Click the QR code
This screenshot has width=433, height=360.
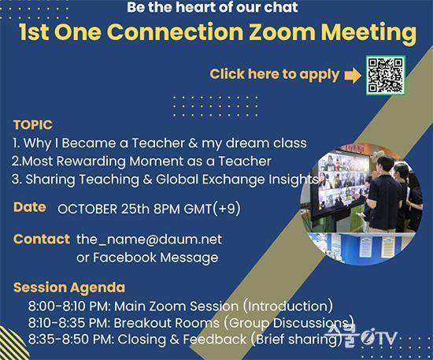[x=386, y=75]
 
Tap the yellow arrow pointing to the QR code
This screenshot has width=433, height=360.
[x=353, y=75]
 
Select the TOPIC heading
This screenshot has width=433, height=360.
[x=32, y=125]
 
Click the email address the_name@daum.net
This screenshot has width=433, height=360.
[x=149, y=239]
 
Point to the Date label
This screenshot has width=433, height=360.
[x=30, y=207]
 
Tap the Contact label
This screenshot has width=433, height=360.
[x=42, y=239]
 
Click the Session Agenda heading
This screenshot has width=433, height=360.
[x=69, y=288]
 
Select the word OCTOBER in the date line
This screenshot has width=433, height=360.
[x=87, y=209]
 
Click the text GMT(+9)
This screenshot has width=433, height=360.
[x=212, y=209]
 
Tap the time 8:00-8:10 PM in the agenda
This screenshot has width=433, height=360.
[x=69, y=306]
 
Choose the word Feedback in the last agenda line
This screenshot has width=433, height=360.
[x=215, y=340]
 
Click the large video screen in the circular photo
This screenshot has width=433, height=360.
[x=342, y=184]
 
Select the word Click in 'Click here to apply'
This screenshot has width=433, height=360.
[x=227, y=74]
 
